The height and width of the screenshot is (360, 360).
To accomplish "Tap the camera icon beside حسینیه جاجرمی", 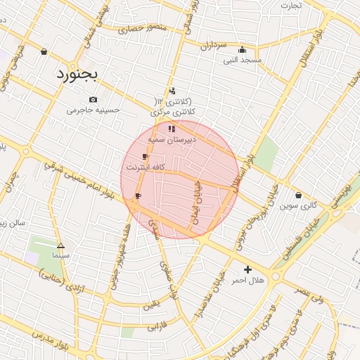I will pos(94,100).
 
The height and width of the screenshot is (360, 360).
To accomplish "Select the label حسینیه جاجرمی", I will pos(94,110).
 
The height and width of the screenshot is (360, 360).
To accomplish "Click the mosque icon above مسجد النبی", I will pos(243,50).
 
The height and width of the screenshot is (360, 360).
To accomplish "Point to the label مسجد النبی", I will pos(243,60).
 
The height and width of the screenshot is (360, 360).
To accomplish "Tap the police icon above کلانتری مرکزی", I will pos(172,91).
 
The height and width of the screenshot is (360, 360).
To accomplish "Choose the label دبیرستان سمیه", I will pos(172,140).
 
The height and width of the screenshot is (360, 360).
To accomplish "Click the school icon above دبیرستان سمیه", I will pos(172,129).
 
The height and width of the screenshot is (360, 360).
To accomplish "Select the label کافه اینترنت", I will pos(145,167).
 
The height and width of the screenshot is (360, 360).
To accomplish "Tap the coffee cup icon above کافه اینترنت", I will pos(145,157).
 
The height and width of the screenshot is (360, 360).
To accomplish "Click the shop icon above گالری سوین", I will pos(299,195).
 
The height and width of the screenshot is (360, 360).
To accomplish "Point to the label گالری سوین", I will pos(299,206).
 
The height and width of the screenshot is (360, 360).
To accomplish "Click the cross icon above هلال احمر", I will pos(247,269).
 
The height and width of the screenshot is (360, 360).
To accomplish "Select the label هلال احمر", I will pos(247,280).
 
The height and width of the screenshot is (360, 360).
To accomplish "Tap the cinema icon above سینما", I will pos(60,246).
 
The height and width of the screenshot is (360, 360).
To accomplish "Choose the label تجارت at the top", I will pos(291,6).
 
